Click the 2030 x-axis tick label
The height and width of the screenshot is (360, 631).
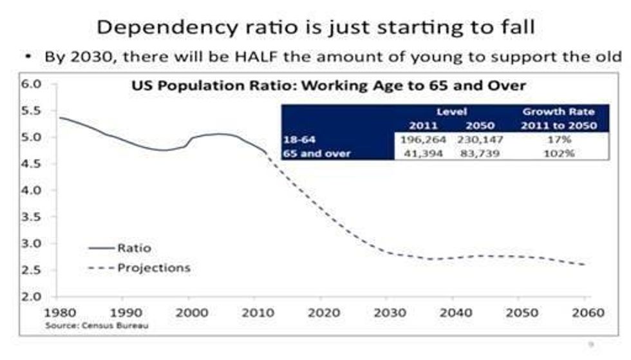[x=388, y=312]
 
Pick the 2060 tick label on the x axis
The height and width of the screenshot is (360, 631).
[x=587, y=312]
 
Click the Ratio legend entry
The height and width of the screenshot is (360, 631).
[x=133, y=247]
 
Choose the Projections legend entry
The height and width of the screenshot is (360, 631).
[x=153, y=267]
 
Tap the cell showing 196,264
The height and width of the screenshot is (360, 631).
[x=419, y=138]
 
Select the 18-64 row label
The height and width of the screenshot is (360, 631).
[x=297, y=138]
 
